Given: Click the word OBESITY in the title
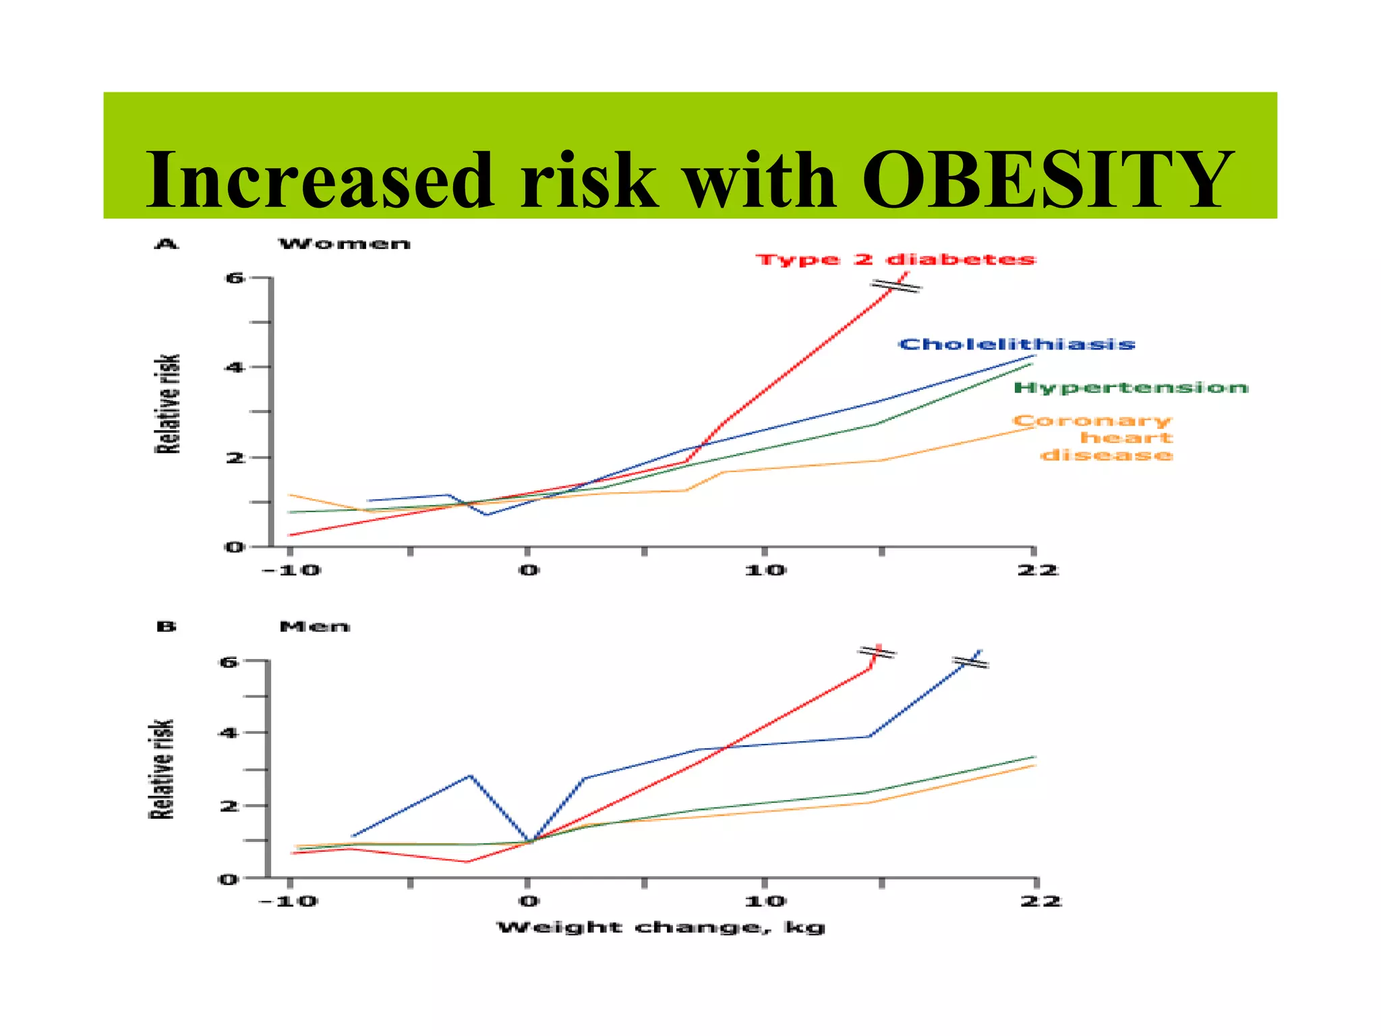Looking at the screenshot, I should coord(1048,180).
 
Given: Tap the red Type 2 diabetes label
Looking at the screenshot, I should coord(895,260).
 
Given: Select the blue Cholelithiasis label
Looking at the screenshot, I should coord(1017,345).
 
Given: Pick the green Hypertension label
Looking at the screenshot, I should coord(1131,388).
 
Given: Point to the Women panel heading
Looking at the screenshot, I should coord(345,244).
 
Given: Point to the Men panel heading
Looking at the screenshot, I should coord(314,627).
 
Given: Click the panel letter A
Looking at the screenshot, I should coord(166,244).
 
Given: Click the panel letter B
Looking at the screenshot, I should coord(166,627).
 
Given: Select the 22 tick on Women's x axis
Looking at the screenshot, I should coord(1037,571).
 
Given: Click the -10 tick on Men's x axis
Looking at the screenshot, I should coord(289,901).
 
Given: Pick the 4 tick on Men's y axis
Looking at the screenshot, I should coord(229,732).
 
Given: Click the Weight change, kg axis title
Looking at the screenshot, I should coord(661,927).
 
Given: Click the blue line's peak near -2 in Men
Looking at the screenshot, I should coord(470,776).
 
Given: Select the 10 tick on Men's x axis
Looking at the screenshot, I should coord(765,901).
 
